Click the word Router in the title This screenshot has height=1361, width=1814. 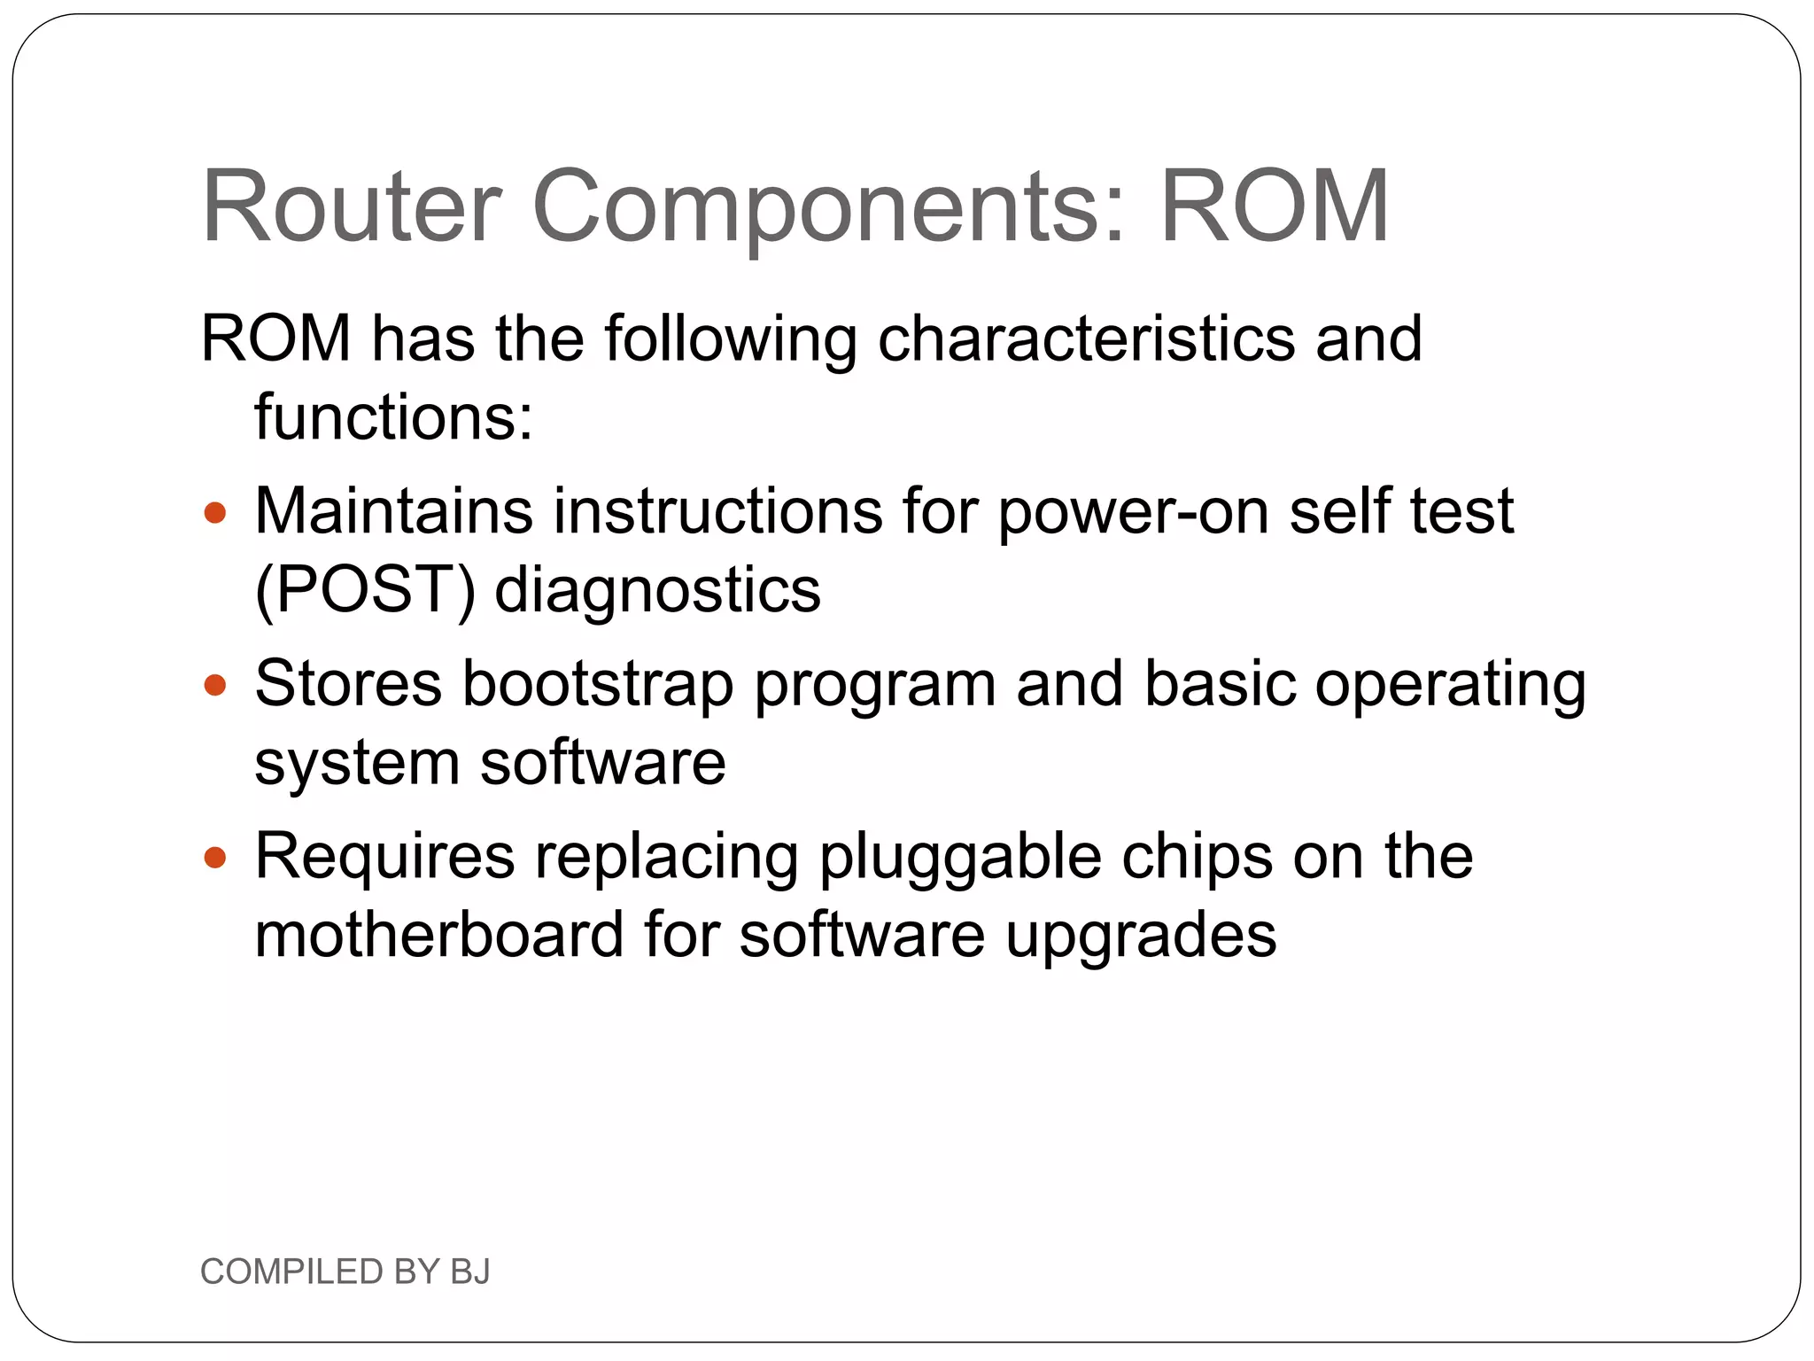tap(352, 206)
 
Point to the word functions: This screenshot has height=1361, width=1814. tap(394, 416)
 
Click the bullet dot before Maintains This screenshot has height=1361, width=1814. tap(215, 512)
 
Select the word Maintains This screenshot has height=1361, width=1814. tap(394, 511)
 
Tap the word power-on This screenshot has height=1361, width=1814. tap(1133, 513)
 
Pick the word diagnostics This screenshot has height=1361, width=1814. tap(657, 591)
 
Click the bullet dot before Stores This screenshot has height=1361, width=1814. tap(215, 685)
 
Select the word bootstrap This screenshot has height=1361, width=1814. tap(598, 685)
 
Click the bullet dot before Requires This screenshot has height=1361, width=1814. tap(215, 857)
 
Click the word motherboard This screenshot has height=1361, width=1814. tap(439, 935)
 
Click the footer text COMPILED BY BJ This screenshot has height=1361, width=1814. tap(345, 1272)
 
